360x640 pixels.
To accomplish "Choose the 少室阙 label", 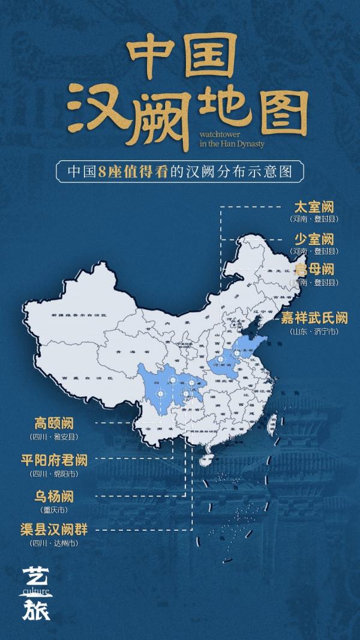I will coord(313,238).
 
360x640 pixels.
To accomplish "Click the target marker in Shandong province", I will coord(237,354).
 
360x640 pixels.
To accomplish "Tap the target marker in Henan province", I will coord(220,359).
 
